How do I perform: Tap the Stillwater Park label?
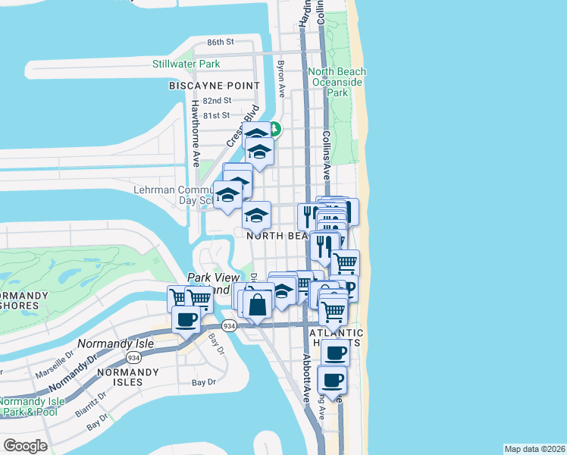(x=186, y=64)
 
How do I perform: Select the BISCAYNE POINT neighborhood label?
(x=209, y=86)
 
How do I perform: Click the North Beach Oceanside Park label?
(x=337, y=82)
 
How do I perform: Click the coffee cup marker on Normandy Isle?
(x=186, y=320)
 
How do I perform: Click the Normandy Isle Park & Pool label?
(x=33, y=406)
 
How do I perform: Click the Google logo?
(x=25, y=446)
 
